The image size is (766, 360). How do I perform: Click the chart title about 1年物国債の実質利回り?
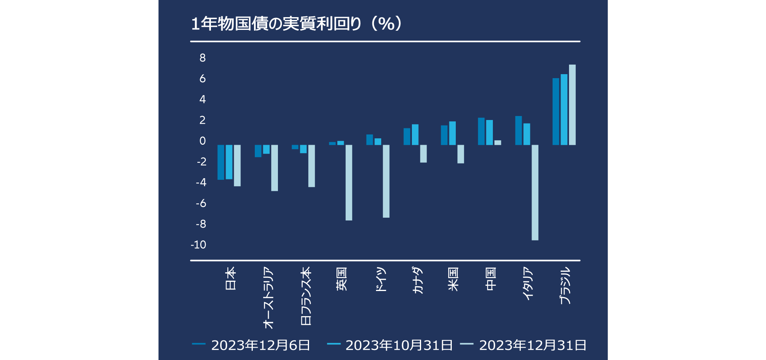[x=296, y=24]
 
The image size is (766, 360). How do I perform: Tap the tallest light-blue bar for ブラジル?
[x=572, y=104]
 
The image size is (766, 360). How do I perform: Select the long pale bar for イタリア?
[x=535, y=192]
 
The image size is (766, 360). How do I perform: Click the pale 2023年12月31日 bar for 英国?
[x=349, y=182]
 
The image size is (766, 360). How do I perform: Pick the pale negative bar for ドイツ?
[x=386, y=181]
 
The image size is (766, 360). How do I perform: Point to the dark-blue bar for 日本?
[x=221, y=162]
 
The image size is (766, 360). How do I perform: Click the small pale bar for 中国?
[x=498, y=143]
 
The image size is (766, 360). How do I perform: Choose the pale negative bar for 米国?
[x=461, y=154]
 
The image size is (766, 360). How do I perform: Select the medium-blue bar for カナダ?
[x=415, y=135]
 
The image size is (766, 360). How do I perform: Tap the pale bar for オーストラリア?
[x=274, y=168]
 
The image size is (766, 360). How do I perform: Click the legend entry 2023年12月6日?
[x=251, y=345]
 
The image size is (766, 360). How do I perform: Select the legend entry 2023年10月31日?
[x=390, y=345]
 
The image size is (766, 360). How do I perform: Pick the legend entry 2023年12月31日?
[x=523, y=345]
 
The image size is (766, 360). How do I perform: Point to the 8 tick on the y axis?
[x=203, y=58]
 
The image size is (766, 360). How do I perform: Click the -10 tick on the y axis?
[x=199, y=245]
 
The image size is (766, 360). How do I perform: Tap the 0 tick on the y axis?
[x=203, y=141]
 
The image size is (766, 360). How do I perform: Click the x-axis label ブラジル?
[x=565, y=286]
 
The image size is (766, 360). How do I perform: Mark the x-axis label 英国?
[x=342, y=279]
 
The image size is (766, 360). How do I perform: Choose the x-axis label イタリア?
[x=528, y=283]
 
